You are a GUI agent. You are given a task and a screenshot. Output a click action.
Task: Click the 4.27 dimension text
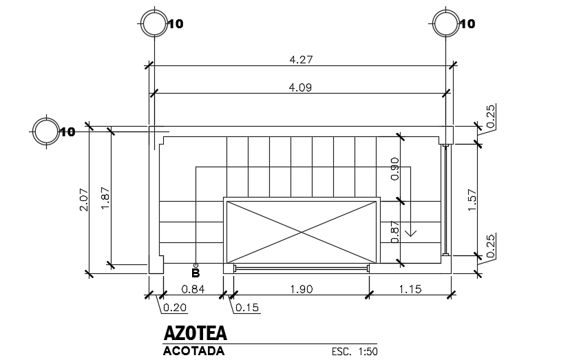coord(302,60)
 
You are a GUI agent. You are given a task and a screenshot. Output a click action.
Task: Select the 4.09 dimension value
coord(302,87)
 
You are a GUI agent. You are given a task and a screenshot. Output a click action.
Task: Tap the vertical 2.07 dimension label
coord(84,200)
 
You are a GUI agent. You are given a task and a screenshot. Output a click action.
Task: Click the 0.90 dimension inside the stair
coord(394,169)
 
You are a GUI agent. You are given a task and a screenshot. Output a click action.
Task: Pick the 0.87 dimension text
coord(394,232)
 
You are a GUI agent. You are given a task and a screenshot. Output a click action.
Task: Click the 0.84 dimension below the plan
coord(193,289)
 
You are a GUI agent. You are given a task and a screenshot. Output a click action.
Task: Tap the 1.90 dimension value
coord(302,289)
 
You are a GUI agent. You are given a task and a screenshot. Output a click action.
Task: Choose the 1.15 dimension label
coord(410,289)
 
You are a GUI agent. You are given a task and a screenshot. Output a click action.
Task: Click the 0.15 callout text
coord(247,307)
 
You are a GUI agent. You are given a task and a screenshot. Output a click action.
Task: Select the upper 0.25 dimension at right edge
coord(491,116)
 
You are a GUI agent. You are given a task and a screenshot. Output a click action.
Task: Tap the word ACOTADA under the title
coord(193,351)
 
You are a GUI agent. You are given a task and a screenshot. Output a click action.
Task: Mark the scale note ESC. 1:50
coord(355,351)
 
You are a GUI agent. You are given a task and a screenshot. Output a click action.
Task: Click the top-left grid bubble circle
coord(153,24)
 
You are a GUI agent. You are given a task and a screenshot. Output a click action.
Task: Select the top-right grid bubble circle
coord(445,24)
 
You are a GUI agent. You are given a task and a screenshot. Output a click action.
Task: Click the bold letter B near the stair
coord(196,273)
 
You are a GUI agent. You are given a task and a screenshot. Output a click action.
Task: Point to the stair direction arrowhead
coord(411,233)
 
